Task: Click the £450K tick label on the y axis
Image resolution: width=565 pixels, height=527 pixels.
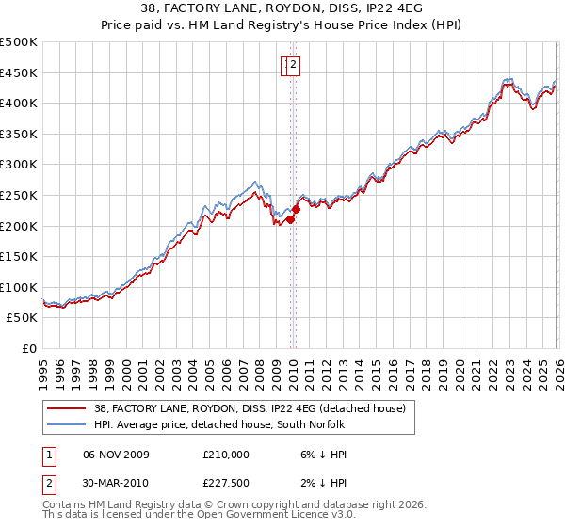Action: click(x=19, y=72)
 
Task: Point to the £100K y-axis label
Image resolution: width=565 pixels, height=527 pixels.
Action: click(x=19, y=287)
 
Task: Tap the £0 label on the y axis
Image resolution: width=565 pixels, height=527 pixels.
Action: click(x=30, y=348)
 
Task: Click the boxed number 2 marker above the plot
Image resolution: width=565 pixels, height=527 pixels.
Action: click(x=294, y=65)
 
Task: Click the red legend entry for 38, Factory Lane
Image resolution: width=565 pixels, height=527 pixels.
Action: click(x=250, y=408)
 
